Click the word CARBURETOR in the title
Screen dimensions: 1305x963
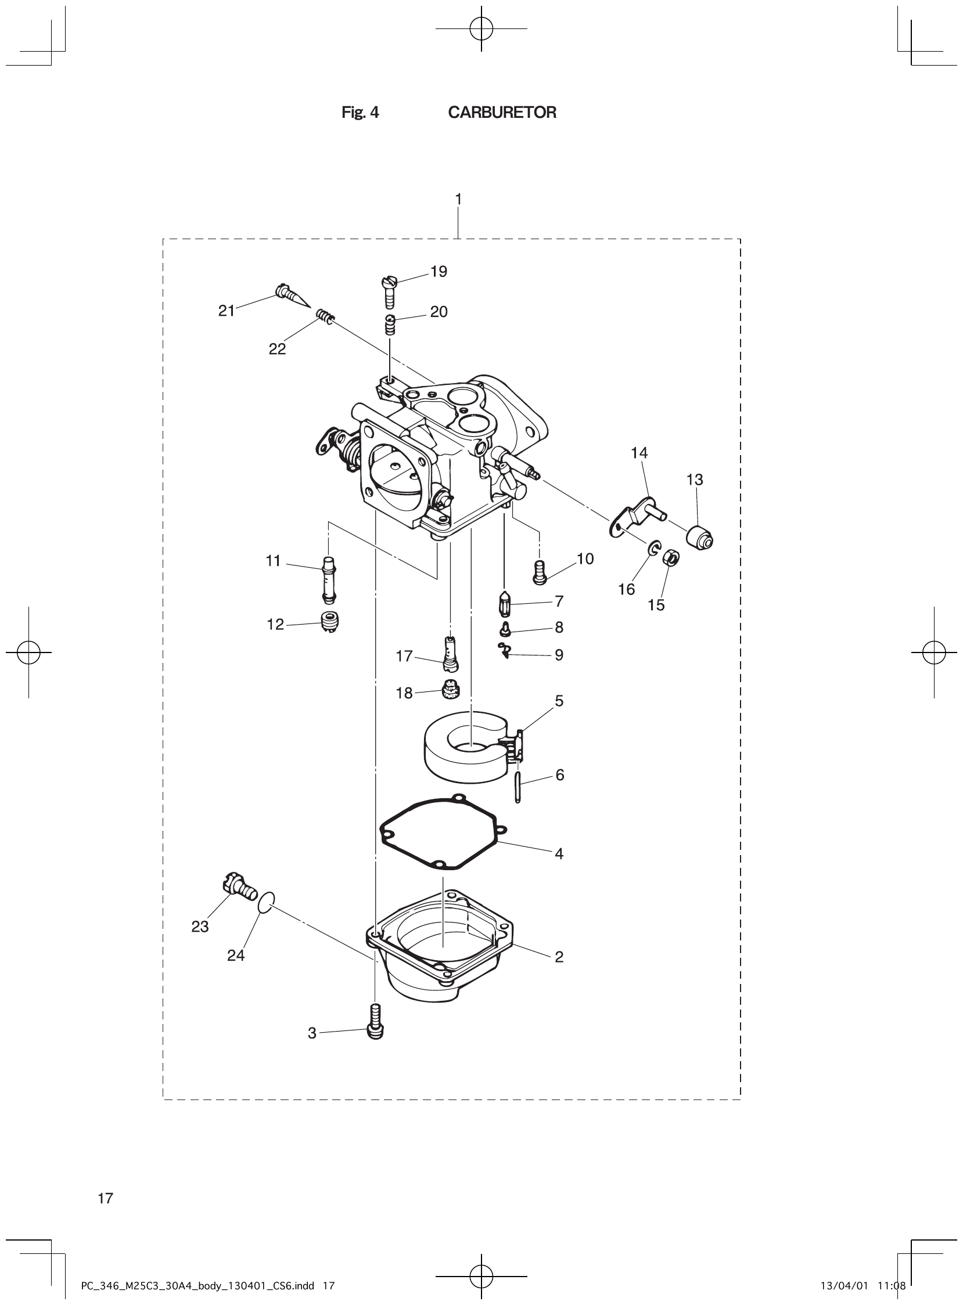[502, 113]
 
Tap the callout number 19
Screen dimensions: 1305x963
[439, 272]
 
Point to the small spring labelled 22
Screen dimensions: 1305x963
[325, 317]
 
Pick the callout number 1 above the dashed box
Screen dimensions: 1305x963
[458, 199]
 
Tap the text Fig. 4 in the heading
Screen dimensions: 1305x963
[360, 113]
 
